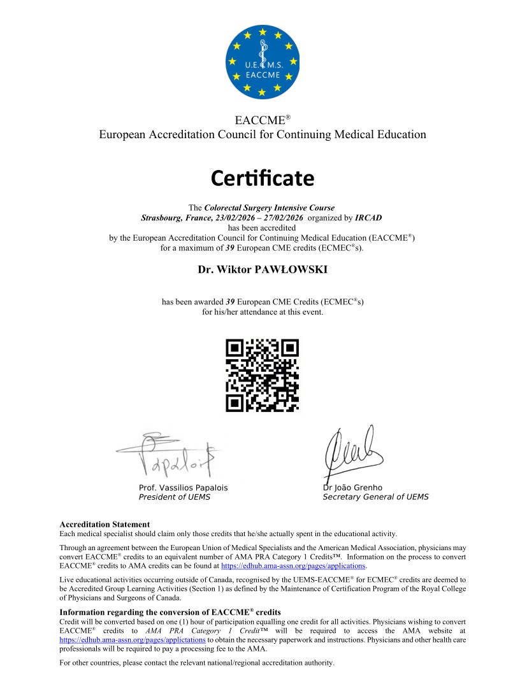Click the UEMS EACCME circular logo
pos(263,62)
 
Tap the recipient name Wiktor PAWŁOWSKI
pos(263,269)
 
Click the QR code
pos(263,375)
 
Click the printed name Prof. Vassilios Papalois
pos(183,488)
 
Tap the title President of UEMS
pos(174,497)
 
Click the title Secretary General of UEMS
pos(375,497)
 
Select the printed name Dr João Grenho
pos(352,488)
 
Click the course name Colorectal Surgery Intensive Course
pos(269,208)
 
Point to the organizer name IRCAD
pos(369,217)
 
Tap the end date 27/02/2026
pos(284,217)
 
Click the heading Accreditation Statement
pos(104,525)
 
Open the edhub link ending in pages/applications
pos(293,565)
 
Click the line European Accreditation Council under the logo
pos(263,134)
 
